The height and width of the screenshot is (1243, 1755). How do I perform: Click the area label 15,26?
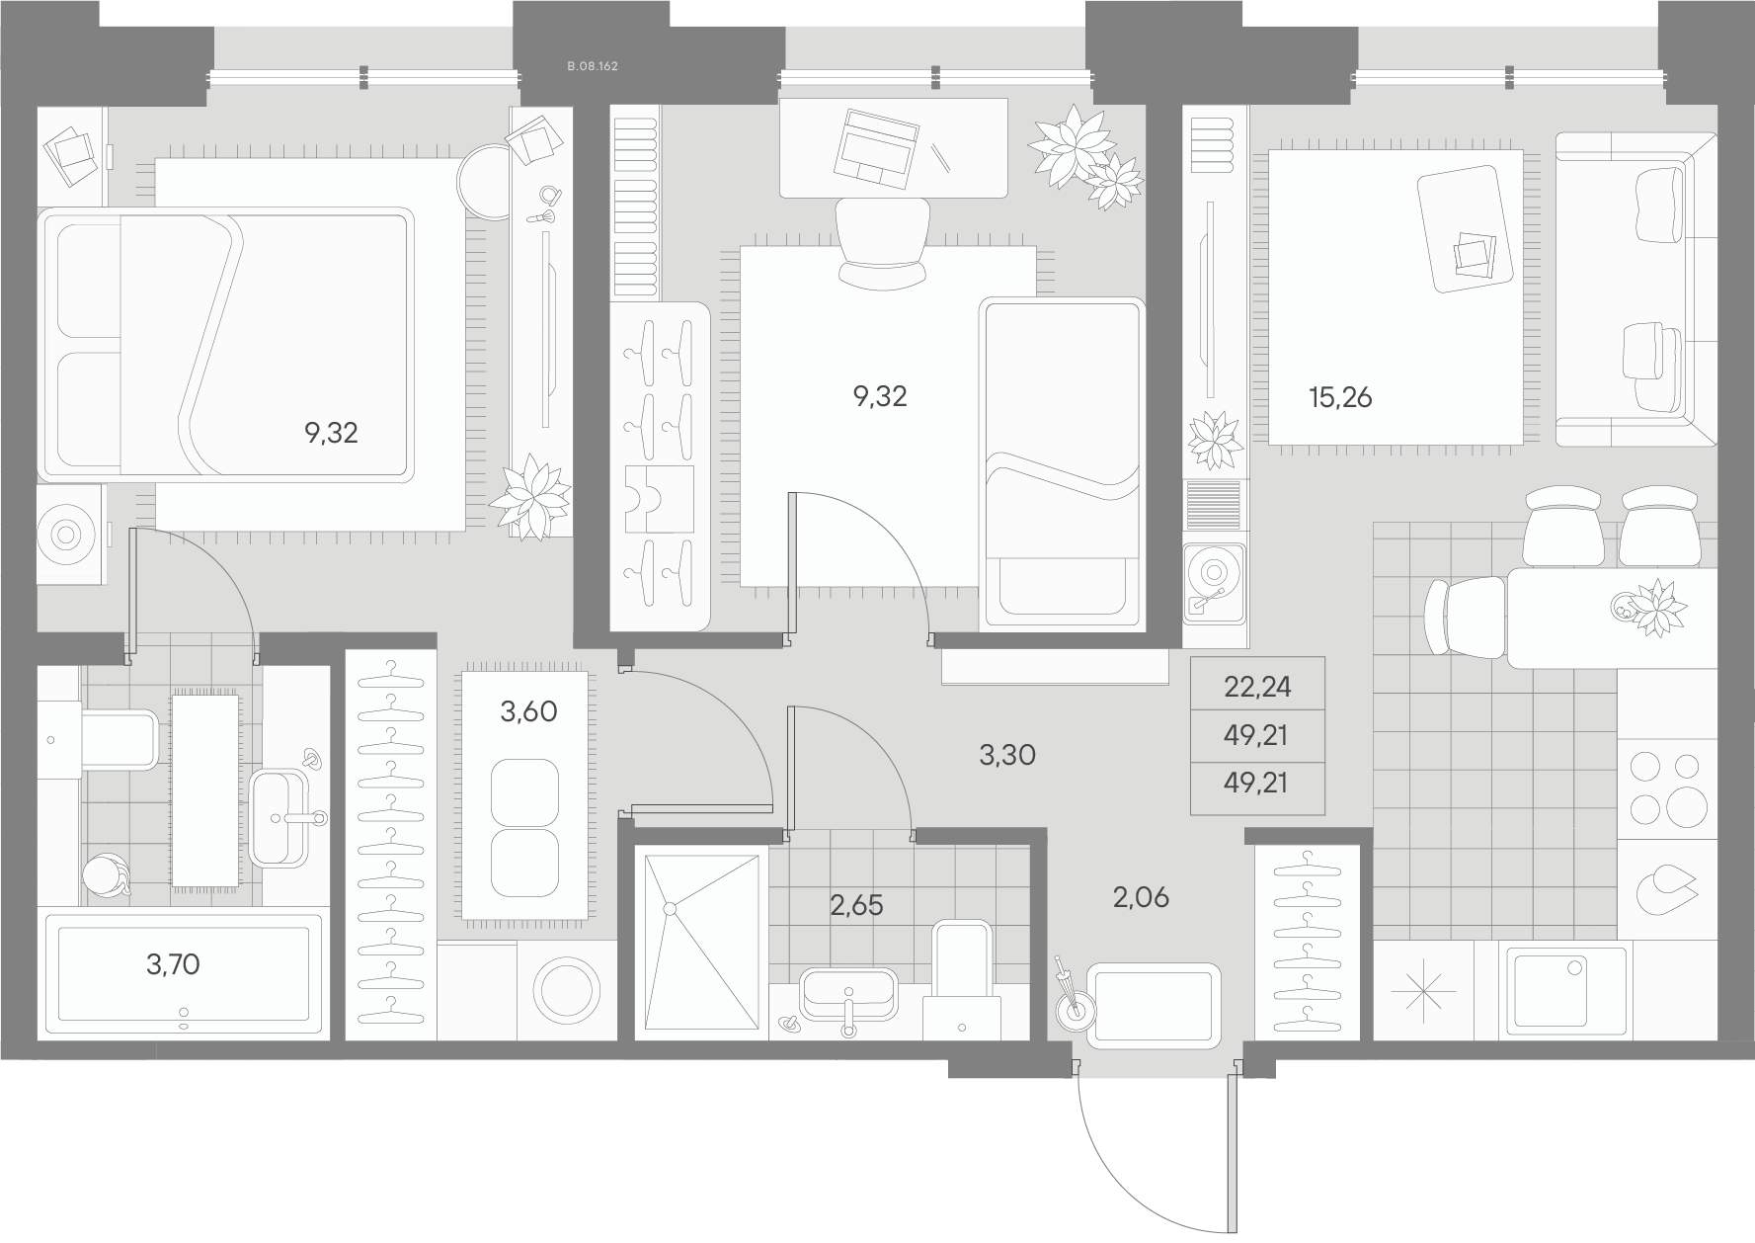click(x=1340, y=397)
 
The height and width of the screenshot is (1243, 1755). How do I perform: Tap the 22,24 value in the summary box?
click(x=1257, y=686)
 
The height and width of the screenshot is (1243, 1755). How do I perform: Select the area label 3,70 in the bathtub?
click(x=173, y=964)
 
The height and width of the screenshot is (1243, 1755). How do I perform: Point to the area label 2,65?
click(x=856, y=905)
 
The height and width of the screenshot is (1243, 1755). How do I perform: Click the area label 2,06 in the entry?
click(x=1141, y=897)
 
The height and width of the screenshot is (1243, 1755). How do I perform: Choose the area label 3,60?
click(x=528, y=711)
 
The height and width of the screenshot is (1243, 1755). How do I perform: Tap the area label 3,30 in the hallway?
click(x=1007, y=756)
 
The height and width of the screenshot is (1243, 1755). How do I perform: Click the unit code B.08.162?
click(x=593, y=66)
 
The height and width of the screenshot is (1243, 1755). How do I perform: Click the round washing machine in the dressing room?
click(x=566, y=991)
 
